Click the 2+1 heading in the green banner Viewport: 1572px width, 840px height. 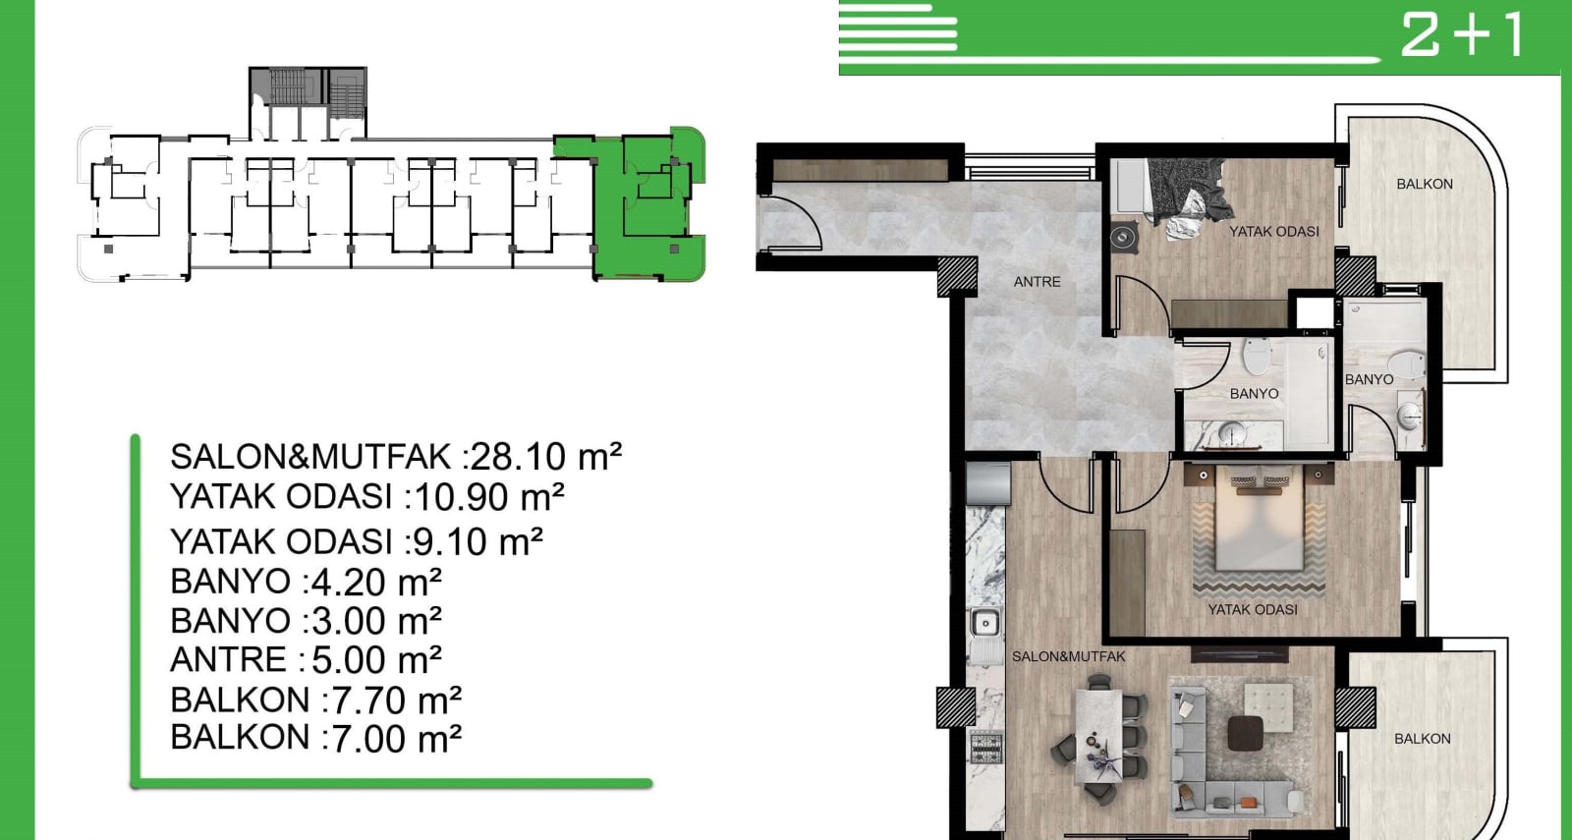pos(1463,34)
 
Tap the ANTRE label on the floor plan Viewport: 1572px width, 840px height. pos(1037,282)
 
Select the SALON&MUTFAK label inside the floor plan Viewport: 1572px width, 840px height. pos(1068,657)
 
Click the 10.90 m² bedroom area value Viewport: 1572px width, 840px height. pos(490,497)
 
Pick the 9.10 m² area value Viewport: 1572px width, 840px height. pos(477,541)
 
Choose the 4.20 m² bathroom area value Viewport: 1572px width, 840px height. pos(376,582)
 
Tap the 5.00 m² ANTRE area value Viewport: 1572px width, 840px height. pos(376,659)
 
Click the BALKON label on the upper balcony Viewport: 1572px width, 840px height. pos(1424,184)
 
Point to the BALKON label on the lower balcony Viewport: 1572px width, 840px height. pos(1422,739)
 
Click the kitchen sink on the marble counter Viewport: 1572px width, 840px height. pos(984,623)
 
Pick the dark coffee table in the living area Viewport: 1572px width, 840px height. pos(1246,733)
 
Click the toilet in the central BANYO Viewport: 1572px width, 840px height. pos(1257,356)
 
